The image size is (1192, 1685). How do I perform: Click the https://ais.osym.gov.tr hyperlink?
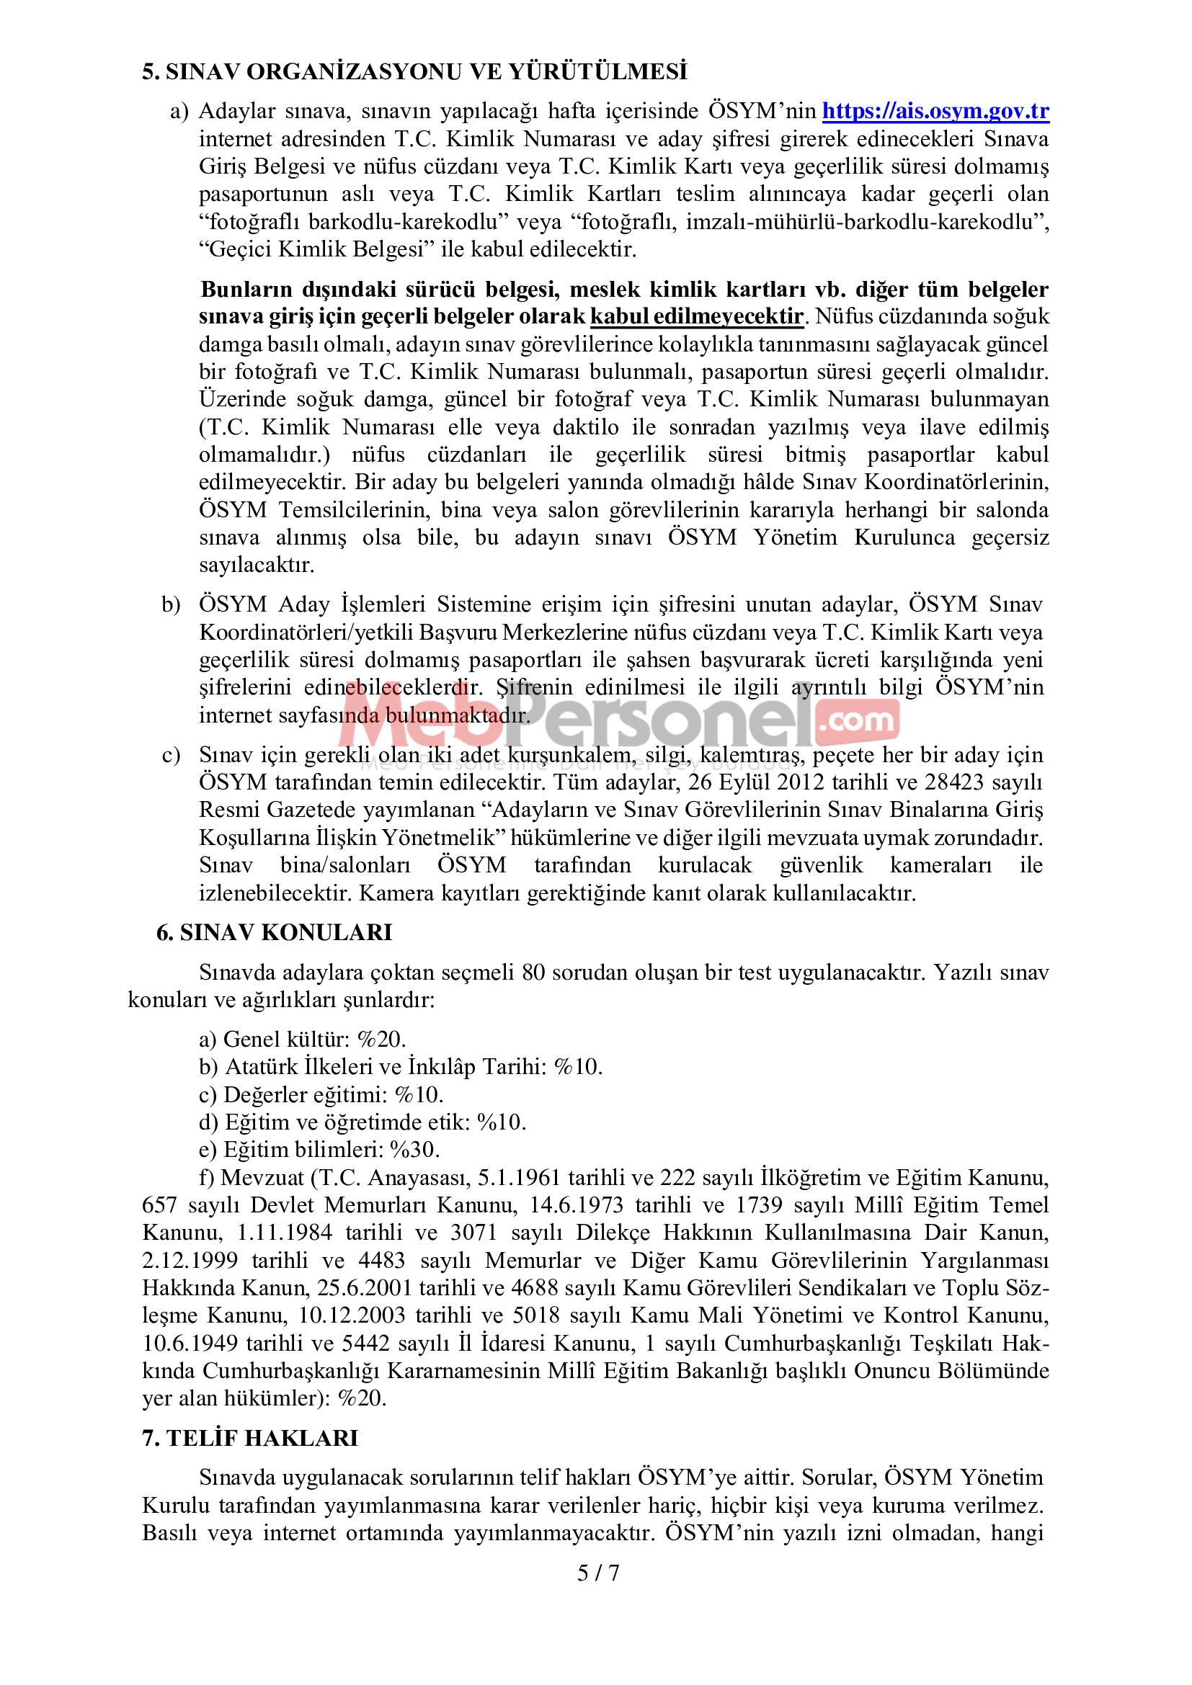click(935, 111)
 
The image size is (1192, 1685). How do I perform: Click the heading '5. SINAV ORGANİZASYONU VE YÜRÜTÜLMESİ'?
click(414, 72)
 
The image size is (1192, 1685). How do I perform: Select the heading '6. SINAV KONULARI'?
click(275, 933)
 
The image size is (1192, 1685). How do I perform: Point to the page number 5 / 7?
click(597, 1573)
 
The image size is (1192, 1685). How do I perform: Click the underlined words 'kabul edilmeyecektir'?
click(697, 316)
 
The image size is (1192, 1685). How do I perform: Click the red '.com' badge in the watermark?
click(857, 720)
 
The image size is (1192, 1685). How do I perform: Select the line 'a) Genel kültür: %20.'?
click(303, 1040)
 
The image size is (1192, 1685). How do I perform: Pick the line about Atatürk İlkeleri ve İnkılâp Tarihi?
click(401, 1067)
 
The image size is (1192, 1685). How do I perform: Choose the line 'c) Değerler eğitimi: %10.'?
click(321, 1095)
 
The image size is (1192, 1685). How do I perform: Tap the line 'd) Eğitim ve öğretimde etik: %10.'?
click(363, 1122)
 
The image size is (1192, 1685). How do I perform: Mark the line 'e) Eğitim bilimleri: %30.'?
click(319, 1150)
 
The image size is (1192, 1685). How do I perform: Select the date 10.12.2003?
click(352, 1315)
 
